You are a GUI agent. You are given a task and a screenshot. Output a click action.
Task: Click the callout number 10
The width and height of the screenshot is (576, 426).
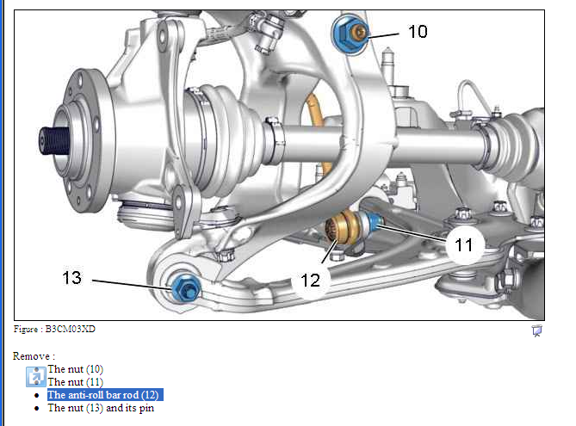coord(418,32)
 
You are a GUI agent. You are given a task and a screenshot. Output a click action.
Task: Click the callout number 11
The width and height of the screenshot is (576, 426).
coord(463,245)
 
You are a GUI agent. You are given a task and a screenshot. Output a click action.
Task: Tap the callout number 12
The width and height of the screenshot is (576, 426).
coord(311,281)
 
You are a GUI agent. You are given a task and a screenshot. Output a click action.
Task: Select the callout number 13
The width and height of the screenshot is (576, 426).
coord(71,278)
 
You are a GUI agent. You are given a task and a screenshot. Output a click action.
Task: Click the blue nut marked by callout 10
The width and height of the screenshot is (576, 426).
coord(350,34)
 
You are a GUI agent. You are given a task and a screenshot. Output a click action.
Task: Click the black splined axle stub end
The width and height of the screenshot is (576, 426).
coord(54,140)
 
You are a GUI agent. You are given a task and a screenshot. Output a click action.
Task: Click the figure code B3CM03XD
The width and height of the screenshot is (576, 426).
coord(70,329)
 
